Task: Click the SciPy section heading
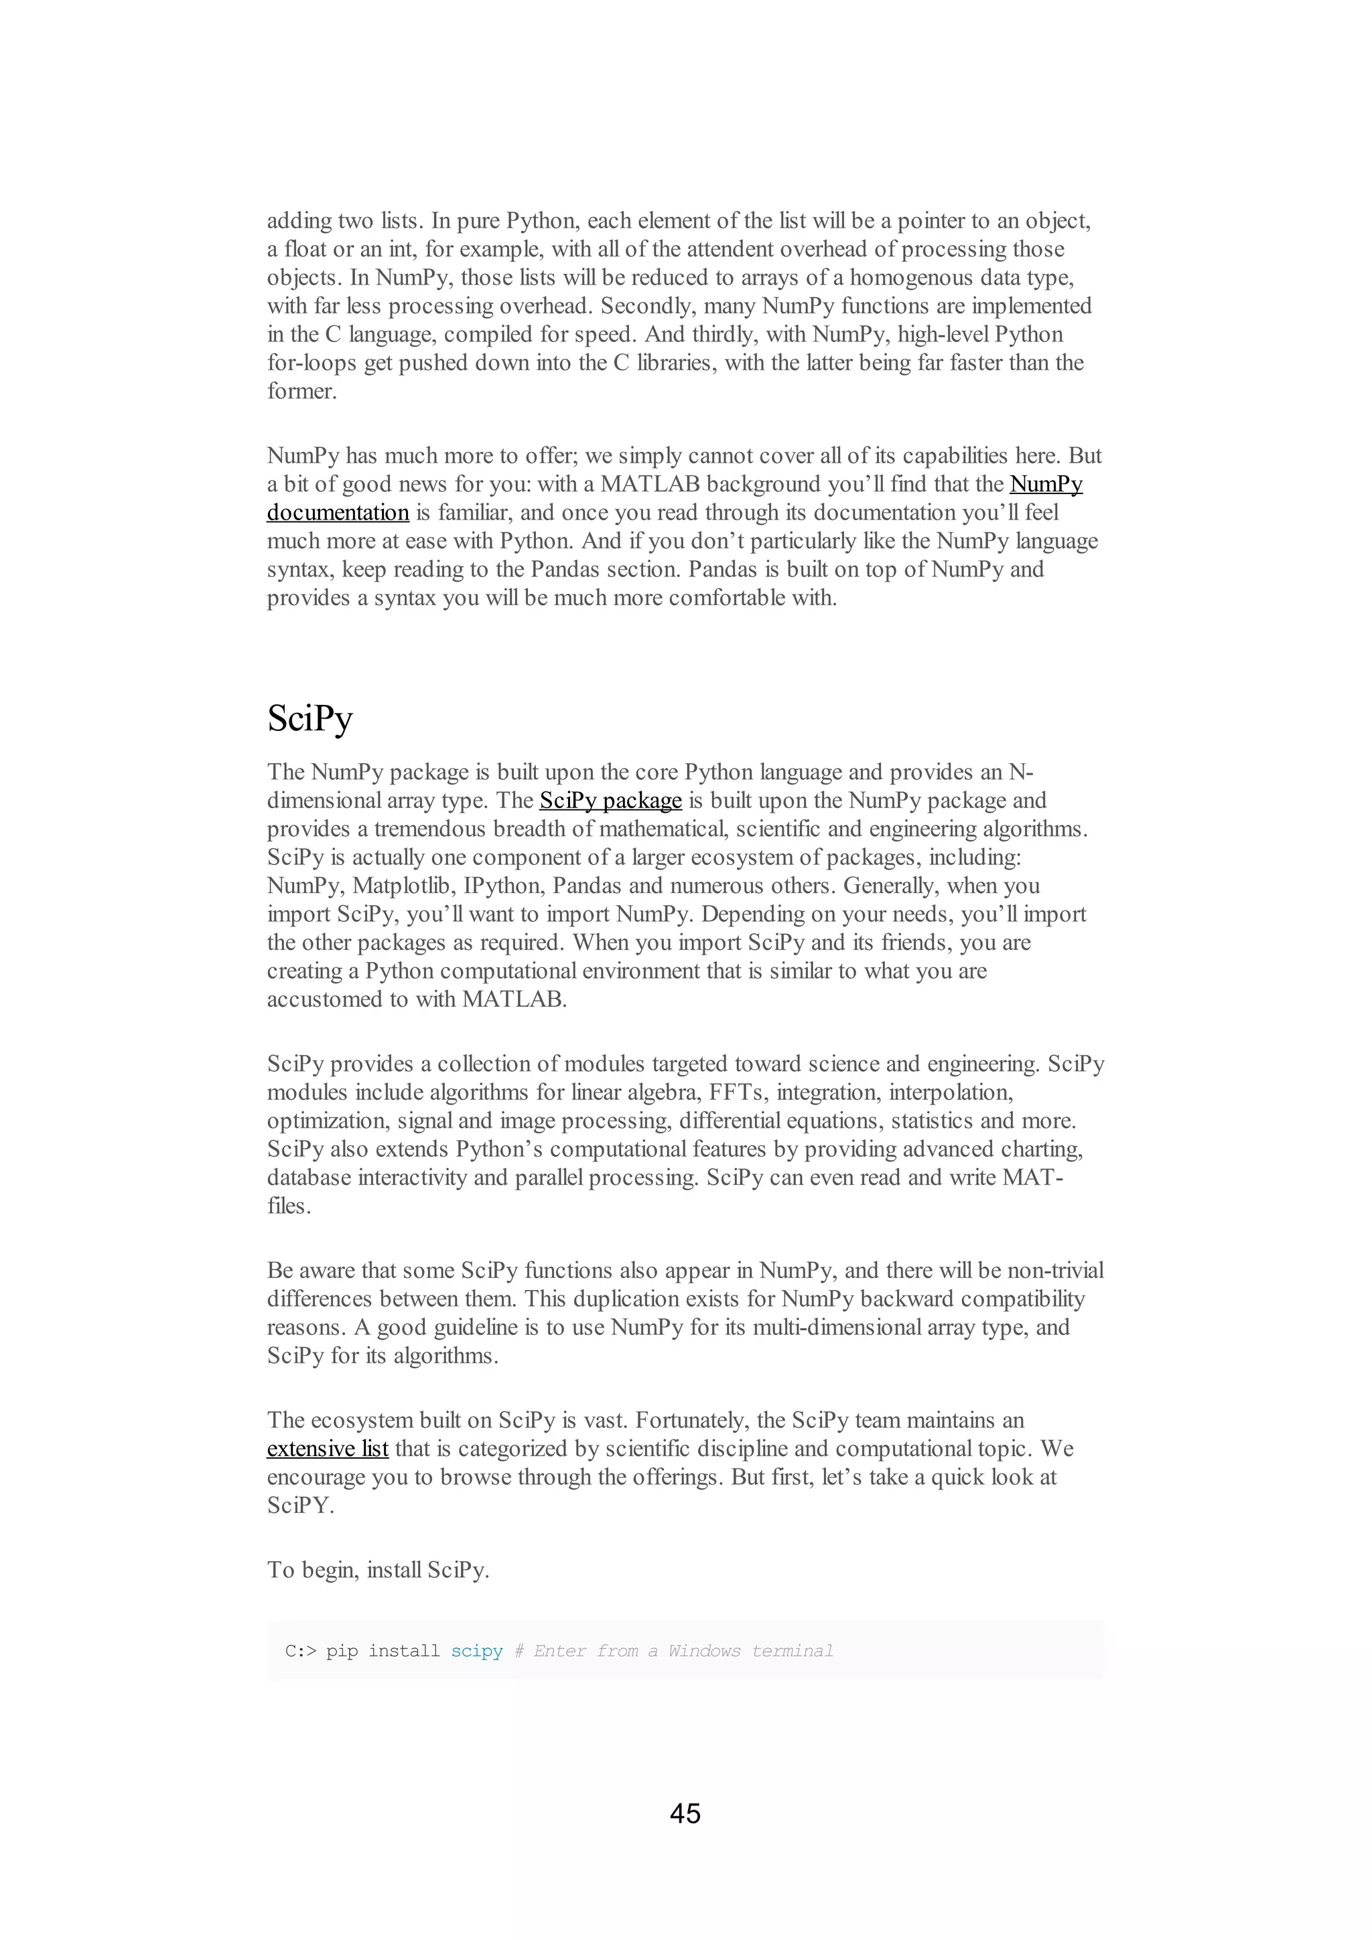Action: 310,719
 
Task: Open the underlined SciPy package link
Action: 610,800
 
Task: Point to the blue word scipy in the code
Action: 477,1651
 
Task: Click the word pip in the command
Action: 342,1651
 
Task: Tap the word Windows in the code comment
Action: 703,1651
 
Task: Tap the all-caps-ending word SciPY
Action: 300,1505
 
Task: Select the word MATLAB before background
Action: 649,484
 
